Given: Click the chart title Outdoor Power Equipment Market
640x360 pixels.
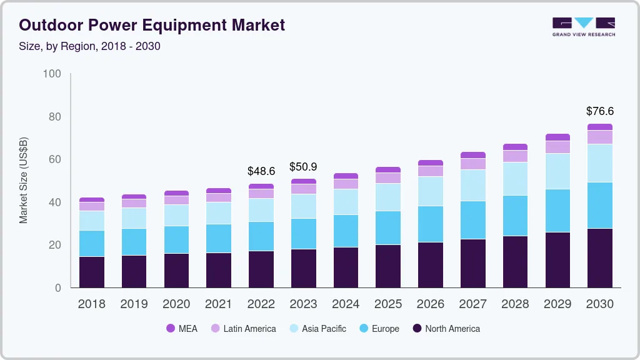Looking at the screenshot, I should pos(152,25).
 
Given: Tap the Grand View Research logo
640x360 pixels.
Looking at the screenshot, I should pos(583,27).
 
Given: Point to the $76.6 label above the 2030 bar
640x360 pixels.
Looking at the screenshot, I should pos(599,111).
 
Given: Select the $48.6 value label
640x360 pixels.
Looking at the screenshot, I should pos(261,171).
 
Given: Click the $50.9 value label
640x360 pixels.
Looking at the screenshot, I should pos(303,167).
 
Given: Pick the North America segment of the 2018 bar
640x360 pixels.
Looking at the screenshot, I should pos(91,272).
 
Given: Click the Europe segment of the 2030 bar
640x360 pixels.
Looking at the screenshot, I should pos(599,205).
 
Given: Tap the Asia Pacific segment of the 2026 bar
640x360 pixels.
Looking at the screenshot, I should pos(431,191).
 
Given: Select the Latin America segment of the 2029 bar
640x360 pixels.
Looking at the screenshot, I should pos(557,147).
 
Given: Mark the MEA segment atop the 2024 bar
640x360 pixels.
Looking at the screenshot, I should pos(346,176).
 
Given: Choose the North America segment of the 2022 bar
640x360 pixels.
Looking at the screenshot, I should pos(261,269).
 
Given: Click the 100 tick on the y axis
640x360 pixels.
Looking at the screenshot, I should pos(52,74).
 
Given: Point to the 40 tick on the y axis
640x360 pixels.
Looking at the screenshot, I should pos(55,202).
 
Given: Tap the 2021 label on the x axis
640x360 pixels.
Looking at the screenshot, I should pos(218,304).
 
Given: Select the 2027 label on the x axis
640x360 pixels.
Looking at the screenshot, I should pos(472,304).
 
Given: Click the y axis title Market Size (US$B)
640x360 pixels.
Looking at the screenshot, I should pos(24,180).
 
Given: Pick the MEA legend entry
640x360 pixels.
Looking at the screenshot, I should pos(182,329).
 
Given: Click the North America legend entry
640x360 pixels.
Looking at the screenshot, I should pos(446,329).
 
